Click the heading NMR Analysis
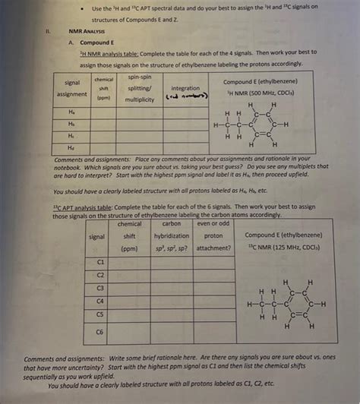pyautogui.click(x=87, y=31)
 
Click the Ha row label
pyautogui.click(x=71, y=110)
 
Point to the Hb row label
pyautogui.click(x=71, y=122)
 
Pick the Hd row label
pyautogui.click(x=71, y=147)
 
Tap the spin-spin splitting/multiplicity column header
pyautogui.click(x=140, y=88)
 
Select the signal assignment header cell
pyautogui.click(x=73, y=88)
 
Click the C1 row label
pyautogui.click(x=99, y=261)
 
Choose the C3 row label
pyautogui.click(x=99, y=289)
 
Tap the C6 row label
pyautogui.click(x=99, y=331)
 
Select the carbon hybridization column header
pyautogui.click(x=171, y=236)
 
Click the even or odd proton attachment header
pyautogui.click(x=213, y=236)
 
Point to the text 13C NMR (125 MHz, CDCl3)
pyautogui.click(x=283, y=248)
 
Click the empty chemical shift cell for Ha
pyautogui.click(x=104, y=110)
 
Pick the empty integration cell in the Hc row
pyautogui.click(x=186, y=134)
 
